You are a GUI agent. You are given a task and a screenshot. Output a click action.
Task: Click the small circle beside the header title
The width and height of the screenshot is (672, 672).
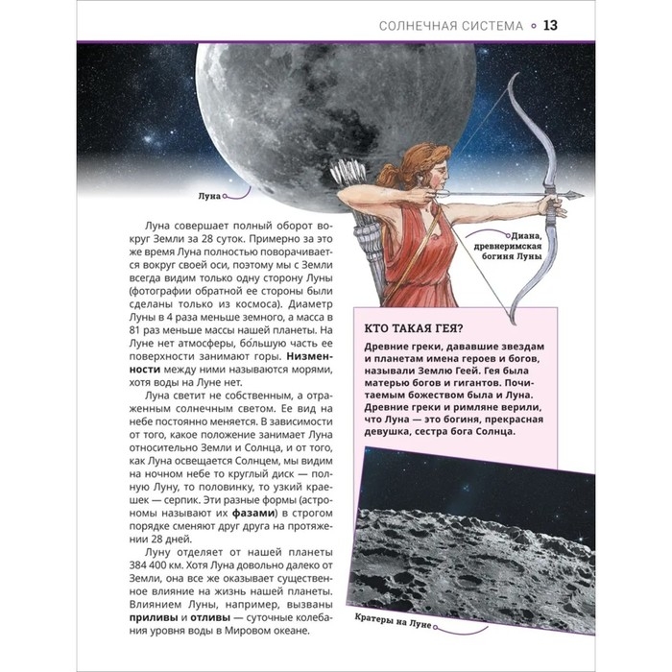point(532,25)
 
